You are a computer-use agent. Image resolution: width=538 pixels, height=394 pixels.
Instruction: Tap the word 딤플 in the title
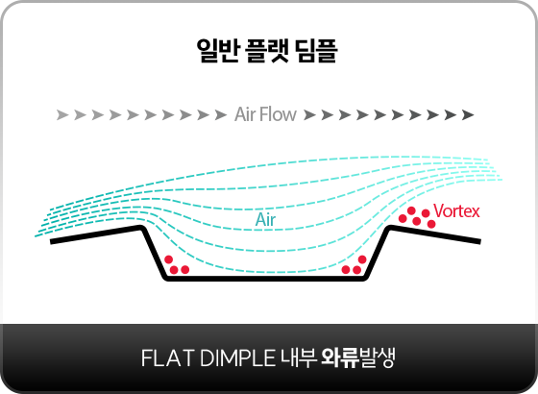click(317, 50)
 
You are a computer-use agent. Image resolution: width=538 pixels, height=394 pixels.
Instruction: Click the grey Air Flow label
click(265, 114)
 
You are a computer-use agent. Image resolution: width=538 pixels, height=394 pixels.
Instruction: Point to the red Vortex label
click(456, 210)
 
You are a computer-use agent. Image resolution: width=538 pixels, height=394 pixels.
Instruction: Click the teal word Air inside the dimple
click(265, 220)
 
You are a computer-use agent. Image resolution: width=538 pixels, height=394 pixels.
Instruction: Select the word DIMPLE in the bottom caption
click(237, 357)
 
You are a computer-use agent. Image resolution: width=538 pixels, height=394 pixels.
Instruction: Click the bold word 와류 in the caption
click(340, 357)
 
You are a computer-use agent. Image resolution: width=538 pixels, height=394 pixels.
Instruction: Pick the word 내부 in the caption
click(298, 357)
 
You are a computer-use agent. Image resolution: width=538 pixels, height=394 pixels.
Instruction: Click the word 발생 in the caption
click(377, 357)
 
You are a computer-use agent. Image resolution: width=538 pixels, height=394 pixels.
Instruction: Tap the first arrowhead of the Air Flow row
click(62, 114)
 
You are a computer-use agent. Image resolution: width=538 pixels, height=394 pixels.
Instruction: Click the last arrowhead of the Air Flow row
click(468, 114)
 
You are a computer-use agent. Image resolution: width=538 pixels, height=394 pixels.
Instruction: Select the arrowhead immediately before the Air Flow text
click(221, 114)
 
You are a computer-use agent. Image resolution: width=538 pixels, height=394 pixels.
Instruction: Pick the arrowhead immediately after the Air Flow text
click(309, 114)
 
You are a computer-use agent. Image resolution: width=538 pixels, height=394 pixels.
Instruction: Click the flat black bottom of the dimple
click(264, 279)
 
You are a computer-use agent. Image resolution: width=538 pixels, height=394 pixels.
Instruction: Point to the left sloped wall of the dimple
click(153, 252)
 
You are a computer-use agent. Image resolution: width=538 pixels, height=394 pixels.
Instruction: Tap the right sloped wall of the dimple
click(377, 252)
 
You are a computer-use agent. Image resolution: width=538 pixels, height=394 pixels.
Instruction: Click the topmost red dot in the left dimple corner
click(168, 259)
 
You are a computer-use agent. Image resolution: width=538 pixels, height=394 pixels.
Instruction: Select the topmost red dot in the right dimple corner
click(362, 259)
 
